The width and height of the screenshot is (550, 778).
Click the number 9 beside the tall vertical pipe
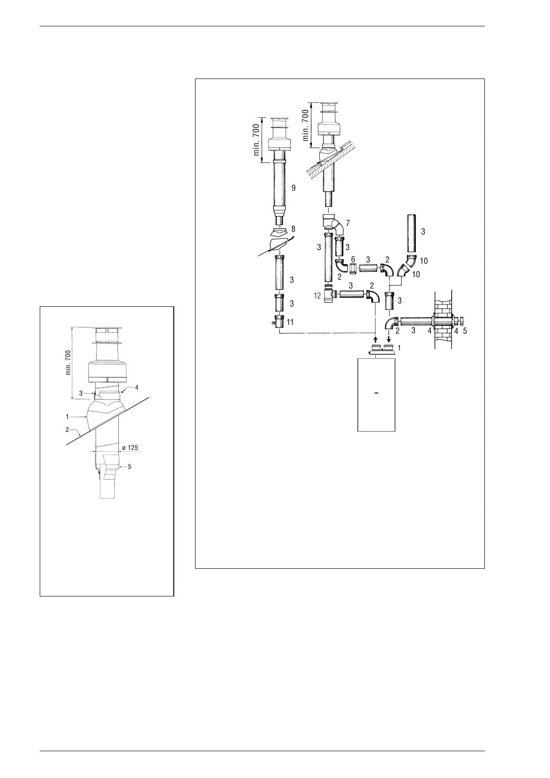tap(293, 188)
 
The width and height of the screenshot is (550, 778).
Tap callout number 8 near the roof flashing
tap(293, 229)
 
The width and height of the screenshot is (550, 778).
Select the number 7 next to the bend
tap(348, 223)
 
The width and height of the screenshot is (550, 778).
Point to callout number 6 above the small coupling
tap(353, 260)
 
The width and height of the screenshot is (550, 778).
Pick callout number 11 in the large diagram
tap(290, 322)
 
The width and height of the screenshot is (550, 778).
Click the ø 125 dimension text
tap(130, 448)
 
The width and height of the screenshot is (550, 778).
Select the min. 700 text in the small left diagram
tap(69, 363)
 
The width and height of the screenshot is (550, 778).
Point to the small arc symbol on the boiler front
tap(377, 393)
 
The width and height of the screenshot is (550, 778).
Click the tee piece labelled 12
tap(329, 294)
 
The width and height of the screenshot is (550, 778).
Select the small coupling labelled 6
tap(353, 268)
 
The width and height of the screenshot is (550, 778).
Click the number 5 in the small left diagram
tap(129, 467)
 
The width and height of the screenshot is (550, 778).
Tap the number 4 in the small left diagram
tap(137, 388)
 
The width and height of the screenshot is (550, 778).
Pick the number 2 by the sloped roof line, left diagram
tap(67, 430)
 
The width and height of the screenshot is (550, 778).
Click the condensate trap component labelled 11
tap(279, 322)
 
